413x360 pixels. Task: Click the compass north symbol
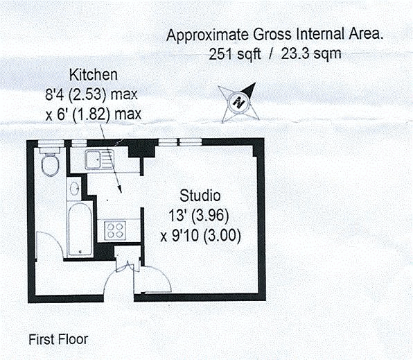click(238, 100)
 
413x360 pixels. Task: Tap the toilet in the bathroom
click(50, 164)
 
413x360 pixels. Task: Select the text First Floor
click(58, 340)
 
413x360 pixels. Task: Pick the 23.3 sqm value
click(311, 53)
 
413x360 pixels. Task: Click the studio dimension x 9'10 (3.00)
click(200, 234)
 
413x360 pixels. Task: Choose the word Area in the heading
click(367, 35)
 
